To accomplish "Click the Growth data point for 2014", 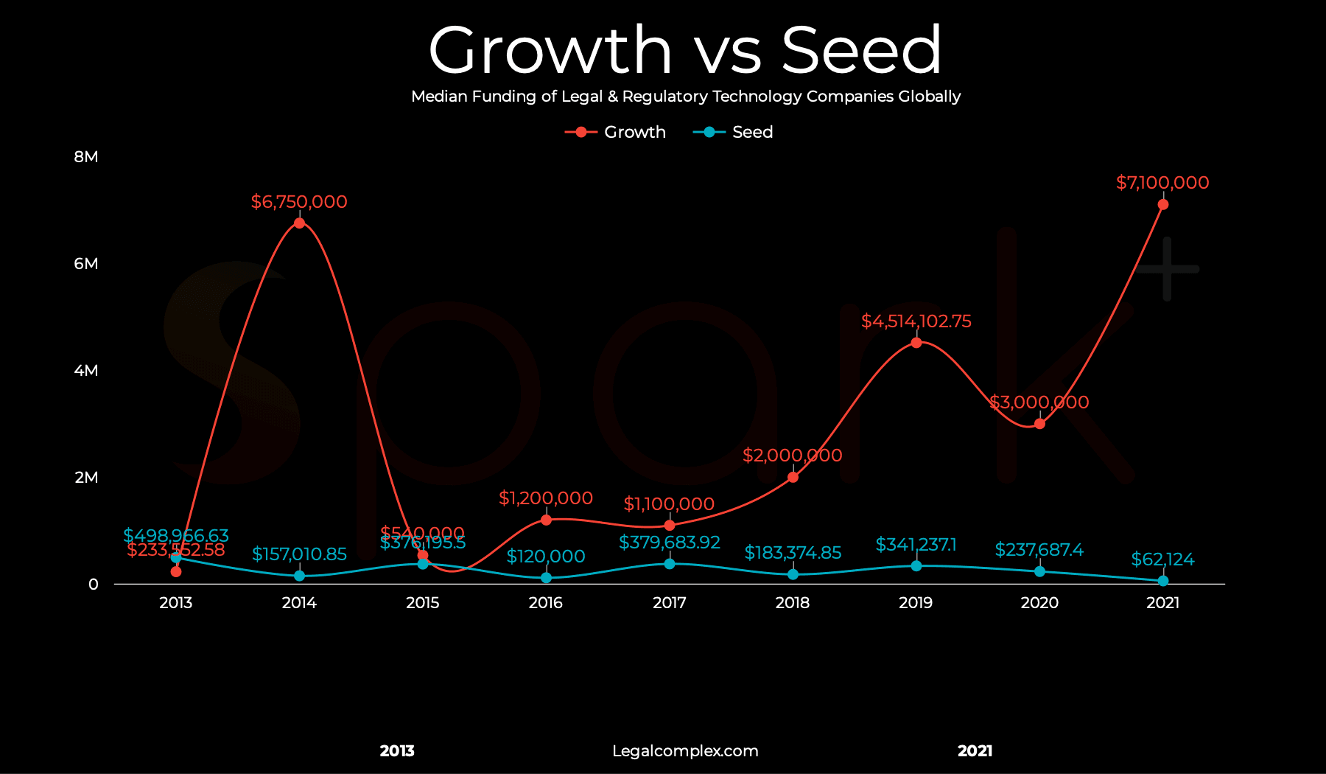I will [299, 223].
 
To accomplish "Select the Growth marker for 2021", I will [1162, 204].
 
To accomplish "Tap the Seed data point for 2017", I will [669, 564].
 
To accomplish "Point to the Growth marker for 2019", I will [916, 343].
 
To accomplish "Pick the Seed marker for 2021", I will [1162, 581].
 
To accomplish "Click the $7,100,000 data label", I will [1162, 183].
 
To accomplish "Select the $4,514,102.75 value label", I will [916, 321].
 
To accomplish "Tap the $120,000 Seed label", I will [545, 557].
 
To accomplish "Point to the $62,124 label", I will [1162, 559].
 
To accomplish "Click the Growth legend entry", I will [617, 132].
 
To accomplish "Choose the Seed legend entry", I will [734, 132].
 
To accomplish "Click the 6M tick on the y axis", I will [86, 264].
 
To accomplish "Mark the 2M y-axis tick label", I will [86, 478].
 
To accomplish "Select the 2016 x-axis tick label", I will [545, 603].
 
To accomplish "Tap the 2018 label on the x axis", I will [792, 603].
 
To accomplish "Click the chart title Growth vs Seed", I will [684, 50].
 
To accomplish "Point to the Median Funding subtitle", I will [685, 97].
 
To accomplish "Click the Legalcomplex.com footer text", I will [684, 751].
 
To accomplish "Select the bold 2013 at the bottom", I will [397, 751].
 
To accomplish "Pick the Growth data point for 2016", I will [546, 520].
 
